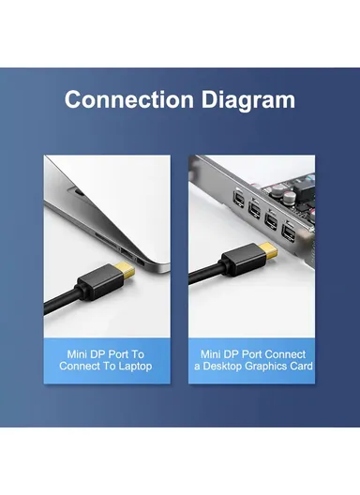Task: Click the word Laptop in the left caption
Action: tap(132, 366)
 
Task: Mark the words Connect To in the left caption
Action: tap(87, 366)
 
